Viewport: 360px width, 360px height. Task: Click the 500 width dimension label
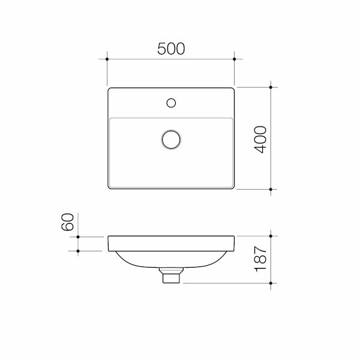tap(171, 49)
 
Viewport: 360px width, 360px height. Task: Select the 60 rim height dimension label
tap(67, 222)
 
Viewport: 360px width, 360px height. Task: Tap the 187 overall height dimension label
tap(260, 259)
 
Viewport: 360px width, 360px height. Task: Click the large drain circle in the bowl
tap(171, 139)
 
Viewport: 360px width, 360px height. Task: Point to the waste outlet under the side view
tap(171, 277)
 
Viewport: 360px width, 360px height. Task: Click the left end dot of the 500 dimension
tap(107, 59)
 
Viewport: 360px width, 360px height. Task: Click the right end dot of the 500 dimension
tap(235, 59)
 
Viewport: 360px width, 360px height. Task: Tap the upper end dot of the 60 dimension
tap(78, 236)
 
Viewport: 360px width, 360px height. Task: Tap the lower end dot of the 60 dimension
tap(78, 251)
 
